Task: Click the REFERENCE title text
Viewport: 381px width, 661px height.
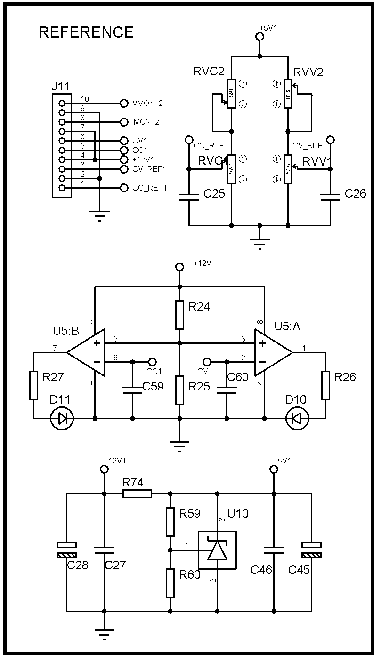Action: coord(86,32)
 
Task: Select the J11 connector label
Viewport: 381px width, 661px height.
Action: coord(60,87)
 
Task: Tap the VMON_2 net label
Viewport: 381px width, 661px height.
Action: coord(148,103)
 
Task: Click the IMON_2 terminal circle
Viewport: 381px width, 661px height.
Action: coord(124,122)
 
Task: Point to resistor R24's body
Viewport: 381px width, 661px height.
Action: coord(179,315)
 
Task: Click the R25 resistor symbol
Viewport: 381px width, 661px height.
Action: coord(179,390)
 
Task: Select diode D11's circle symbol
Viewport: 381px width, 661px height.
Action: coord(62,418)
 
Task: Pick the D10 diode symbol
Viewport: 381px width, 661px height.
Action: coord(297,418)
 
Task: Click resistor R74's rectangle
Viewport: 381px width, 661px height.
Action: coord(137,494)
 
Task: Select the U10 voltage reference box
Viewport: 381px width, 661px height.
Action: coord(217,550)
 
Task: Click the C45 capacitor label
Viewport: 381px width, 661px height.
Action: coord(299,570)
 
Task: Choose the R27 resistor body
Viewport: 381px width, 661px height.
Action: coord(33,385)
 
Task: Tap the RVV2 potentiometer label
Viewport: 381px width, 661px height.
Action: coord(308,72)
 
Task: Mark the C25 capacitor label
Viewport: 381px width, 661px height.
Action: coord(214,193)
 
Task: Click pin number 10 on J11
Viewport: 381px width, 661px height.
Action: coord(85,99)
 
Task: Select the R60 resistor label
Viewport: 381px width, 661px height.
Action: coord(190,574)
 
